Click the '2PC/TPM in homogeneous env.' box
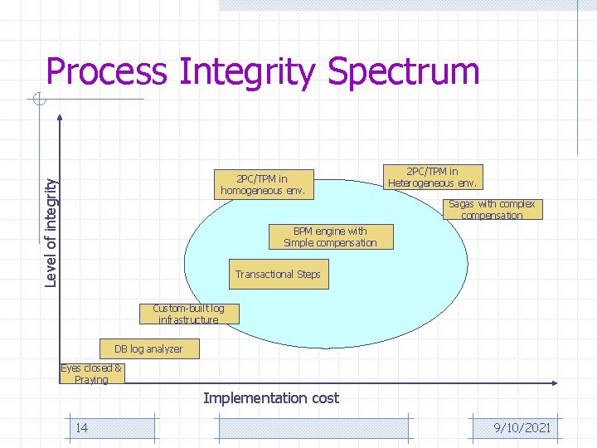pos(263,185)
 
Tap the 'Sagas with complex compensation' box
pos(492,209)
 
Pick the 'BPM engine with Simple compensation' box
pos(330,237)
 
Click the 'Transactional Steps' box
pos(278,275)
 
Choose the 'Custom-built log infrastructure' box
pos(188,314)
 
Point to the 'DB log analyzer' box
pos(148,348)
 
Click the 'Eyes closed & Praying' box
pos(91,373)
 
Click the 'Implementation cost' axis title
pos(271,398)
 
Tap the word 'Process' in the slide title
pos(106,72)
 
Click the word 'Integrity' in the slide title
pos(247,72)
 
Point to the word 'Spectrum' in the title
pos(404,72)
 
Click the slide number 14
pos(82,427)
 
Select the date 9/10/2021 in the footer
pos(521,428)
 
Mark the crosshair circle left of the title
pos(38,101)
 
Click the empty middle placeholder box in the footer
pos(313,428)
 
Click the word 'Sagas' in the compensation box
pos(460,204)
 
